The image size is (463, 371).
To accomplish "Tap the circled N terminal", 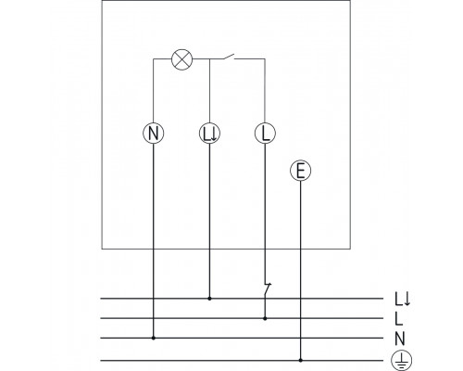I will click(155, 133).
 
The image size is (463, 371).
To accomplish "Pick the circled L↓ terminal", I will click(209, 133).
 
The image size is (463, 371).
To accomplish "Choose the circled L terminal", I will click(265, 133).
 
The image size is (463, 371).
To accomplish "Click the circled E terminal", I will click(300, 170).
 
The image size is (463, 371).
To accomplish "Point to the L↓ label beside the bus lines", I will click(403, 300).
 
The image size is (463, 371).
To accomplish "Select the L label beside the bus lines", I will click(399, 319).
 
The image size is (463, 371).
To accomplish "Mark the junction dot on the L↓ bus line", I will click(209, 300).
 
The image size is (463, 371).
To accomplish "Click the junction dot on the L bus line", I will click(265, 319).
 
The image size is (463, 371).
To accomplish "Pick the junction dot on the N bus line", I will click(155, 339).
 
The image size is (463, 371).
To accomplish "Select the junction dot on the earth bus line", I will click(300, 358).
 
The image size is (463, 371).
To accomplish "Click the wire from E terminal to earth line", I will click(300, 269).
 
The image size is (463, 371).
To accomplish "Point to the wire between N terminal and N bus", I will click(155, 241).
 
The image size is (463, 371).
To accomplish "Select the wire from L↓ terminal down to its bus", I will click(209, 223).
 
